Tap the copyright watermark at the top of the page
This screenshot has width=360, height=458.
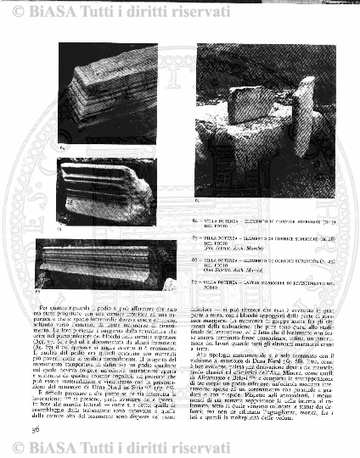point(179,12)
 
